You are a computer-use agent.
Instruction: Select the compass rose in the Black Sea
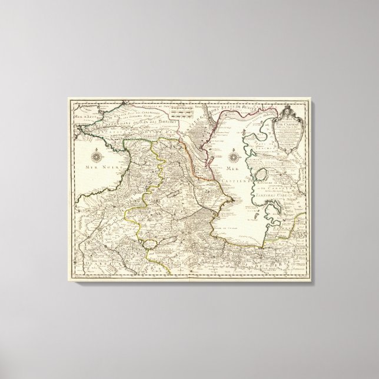point(97,157)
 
